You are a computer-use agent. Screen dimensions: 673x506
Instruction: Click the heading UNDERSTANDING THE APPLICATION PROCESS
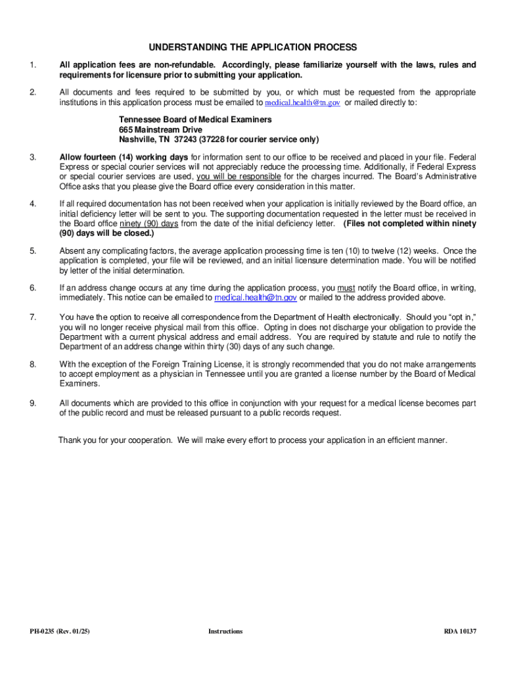252,47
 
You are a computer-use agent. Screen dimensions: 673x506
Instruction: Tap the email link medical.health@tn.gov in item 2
302,103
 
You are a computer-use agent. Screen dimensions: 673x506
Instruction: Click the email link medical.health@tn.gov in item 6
256,298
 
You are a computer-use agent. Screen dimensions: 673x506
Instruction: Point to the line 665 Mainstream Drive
161,130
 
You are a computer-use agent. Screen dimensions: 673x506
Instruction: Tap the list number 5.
32,251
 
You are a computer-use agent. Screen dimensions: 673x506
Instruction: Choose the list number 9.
32,404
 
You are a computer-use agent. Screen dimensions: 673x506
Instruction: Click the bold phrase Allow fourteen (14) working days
124,157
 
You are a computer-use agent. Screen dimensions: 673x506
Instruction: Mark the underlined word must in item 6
346,288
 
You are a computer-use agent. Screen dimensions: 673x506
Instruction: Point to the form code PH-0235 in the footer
43,632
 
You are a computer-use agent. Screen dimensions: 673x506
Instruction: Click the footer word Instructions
225,632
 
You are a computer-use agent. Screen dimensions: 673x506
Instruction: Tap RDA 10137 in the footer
460,632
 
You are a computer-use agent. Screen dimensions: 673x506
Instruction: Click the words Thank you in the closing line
76,440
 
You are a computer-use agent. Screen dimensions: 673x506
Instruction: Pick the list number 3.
32,157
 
